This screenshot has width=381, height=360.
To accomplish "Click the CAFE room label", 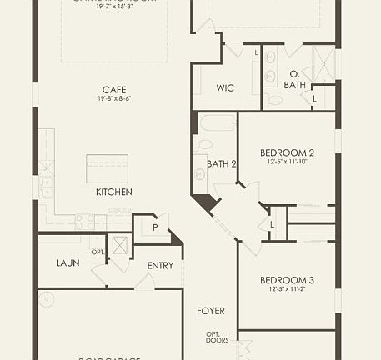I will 114,89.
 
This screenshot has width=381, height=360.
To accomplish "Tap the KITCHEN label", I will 114,192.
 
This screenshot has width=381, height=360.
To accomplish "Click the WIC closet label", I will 224,87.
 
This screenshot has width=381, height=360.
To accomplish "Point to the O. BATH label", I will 295,80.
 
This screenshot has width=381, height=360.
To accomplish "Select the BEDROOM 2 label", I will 287,152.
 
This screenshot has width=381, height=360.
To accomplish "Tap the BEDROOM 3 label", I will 287,280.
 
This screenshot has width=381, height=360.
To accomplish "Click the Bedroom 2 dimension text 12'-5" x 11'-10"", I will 287,162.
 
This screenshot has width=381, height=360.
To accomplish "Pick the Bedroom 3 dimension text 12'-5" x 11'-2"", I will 287,289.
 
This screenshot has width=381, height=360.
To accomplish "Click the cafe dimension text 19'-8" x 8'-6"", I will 114,98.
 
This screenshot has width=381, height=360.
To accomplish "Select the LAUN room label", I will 68,262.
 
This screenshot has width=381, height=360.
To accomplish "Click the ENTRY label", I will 160,266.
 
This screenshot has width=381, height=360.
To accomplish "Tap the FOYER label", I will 210,311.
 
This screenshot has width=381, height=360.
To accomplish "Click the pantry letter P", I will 155,227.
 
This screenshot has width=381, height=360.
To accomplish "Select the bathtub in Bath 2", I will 218,125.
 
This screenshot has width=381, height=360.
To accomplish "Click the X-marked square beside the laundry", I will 119,245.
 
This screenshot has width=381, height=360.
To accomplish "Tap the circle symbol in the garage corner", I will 46,297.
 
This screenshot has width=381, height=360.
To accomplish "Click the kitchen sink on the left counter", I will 47,182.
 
